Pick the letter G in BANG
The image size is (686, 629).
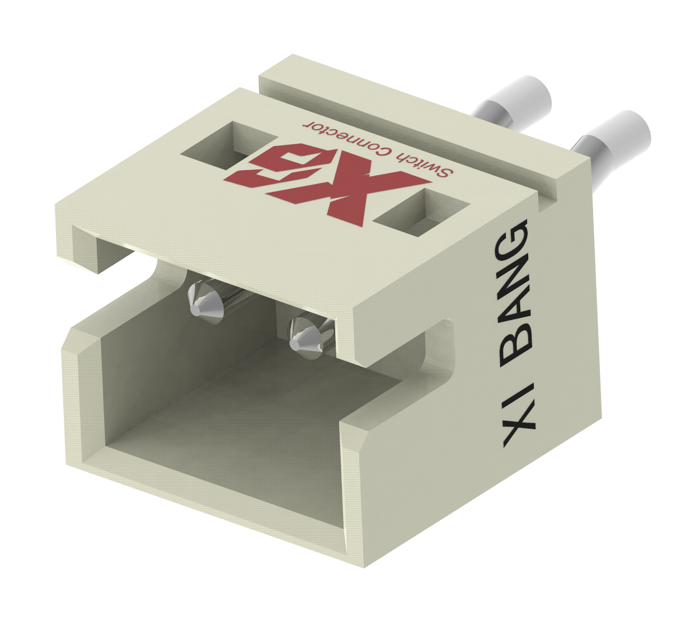click(x=512, y=238)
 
